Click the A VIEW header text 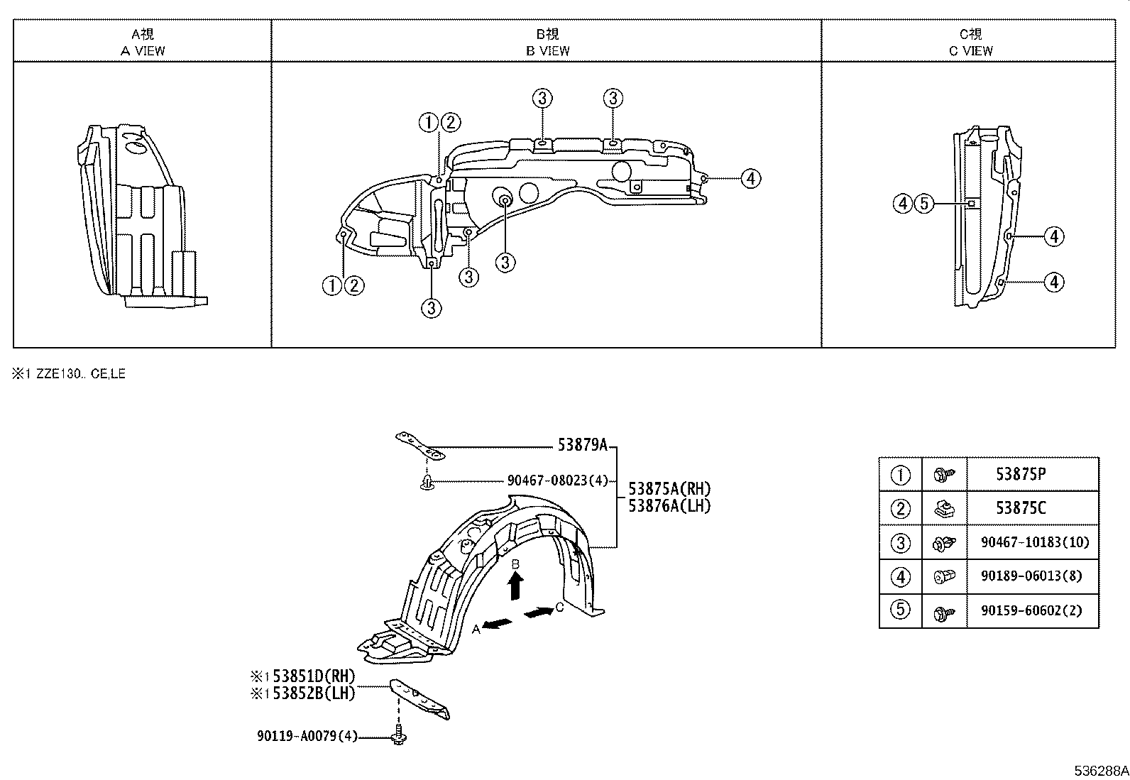pos(143,50)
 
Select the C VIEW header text pos(970,50)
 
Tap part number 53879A pos(582,445)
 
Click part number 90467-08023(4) pos(558,480)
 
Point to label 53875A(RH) pos(669,489)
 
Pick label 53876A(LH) pos(669,505)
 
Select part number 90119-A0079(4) pos(307,736)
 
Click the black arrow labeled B pos(517,586)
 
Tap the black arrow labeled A pos(498,623)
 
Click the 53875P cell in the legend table pos(1021,474)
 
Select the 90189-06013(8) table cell pos(1031,576)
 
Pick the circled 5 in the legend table pos(900,610)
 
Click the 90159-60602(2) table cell pos(1031,610)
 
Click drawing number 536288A pos(1100,771)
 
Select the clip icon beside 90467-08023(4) pos(427,483)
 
